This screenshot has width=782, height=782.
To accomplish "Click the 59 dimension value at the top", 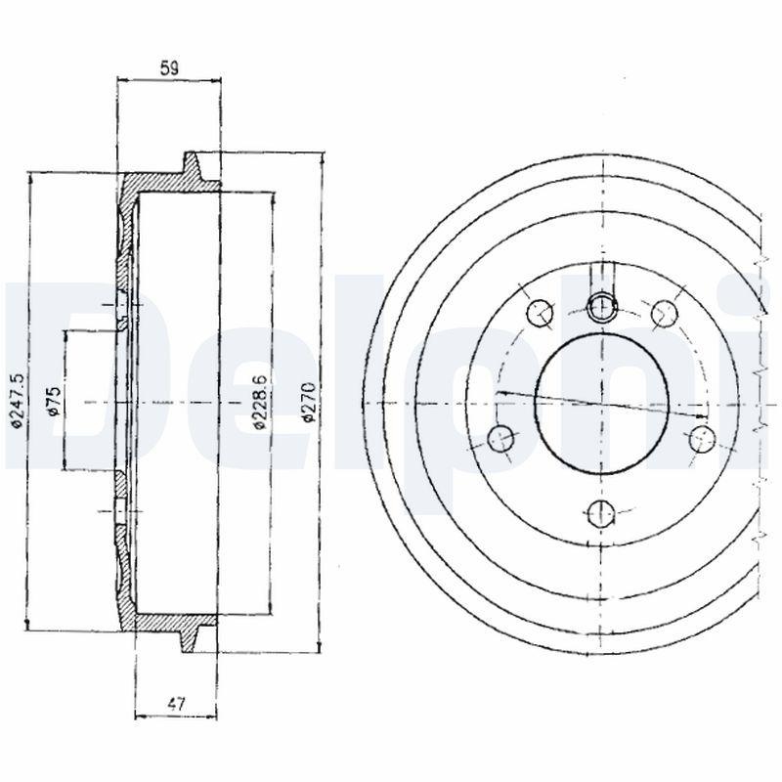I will pyautogui.click(x=169, y=67).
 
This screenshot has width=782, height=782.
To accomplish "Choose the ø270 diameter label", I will pyautogui.click(x=308, y=401).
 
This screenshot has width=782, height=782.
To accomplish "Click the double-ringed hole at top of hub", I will pyautogui.click(x=602, y=307).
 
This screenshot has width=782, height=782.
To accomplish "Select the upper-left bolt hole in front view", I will pyautogui.click(x=539, y=313).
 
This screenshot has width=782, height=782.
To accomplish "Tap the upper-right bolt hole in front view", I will pyautogui.click(x=665, y=313).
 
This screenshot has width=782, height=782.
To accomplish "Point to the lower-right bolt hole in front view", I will pyautogui.click(x=701, y=438).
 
